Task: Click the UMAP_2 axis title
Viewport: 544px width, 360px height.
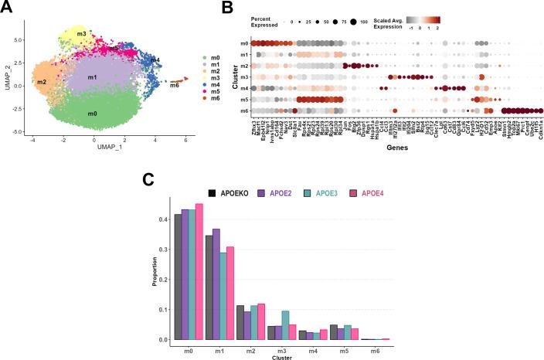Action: [6, 76]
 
